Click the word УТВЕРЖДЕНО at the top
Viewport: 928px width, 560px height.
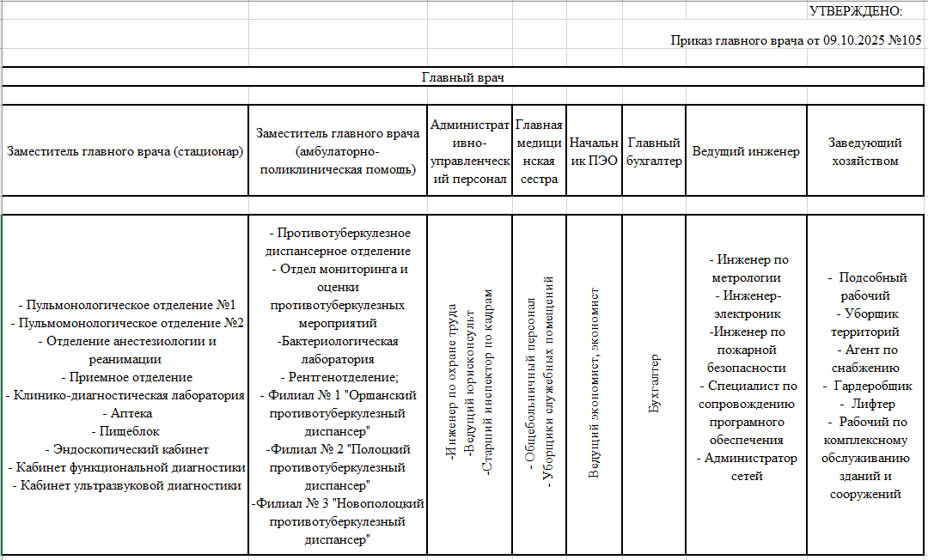point(855,11)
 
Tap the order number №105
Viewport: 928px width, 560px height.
point(901,40)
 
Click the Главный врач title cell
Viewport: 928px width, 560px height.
point(462,77)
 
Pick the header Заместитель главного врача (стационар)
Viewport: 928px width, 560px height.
point(125,151)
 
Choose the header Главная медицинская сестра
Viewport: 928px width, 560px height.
point(539,151)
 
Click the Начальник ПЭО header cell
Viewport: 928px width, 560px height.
point(593,151)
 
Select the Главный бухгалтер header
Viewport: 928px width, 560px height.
point(654,151)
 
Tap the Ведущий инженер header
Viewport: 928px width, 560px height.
point(746,151)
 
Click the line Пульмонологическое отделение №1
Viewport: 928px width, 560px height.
point(126,305)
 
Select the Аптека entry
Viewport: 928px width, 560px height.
point(126,413)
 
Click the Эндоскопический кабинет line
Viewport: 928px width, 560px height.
point(126,449)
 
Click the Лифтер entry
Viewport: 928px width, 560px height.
point(870,404)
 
